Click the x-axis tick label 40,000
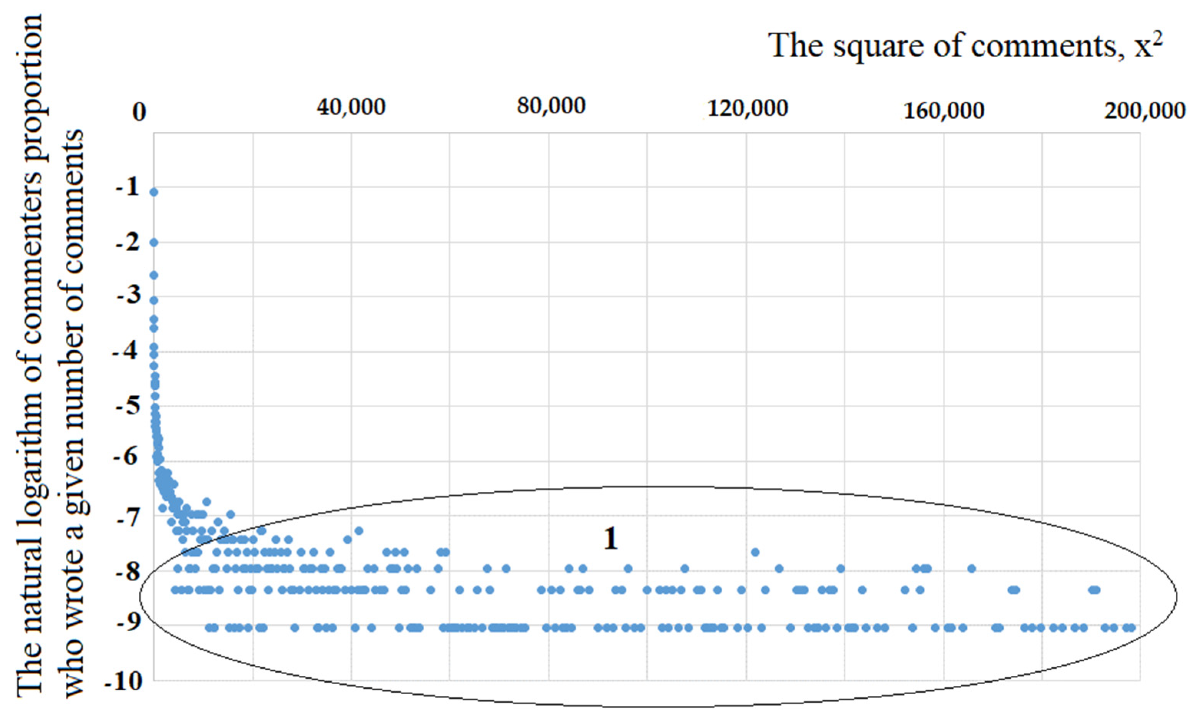coord(351,107)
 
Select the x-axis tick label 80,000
coord(551,106)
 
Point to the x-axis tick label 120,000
coord(747,109)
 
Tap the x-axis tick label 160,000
coord(944,111)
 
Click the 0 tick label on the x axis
coord(139,113)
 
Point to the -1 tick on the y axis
coord(127,187)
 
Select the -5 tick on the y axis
coord(127,405)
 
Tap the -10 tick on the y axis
coord(124,682)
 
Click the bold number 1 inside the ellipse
coord(611,538)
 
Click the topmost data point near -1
coord(153,192)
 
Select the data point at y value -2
coord(153,242)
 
